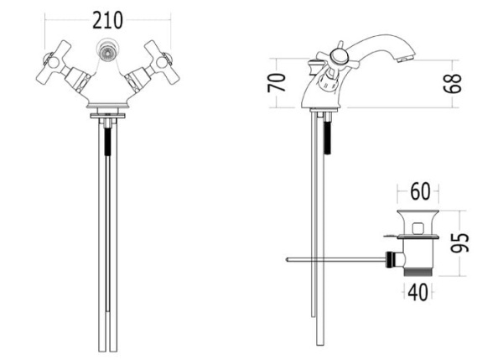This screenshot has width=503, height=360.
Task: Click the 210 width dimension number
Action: (107, 20)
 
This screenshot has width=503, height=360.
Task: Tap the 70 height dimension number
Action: (277, 82)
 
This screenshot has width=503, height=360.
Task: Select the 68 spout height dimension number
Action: (453, 84)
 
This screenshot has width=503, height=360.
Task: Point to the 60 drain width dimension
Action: (420, 191)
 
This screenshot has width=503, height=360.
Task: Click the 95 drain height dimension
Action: (459, 243)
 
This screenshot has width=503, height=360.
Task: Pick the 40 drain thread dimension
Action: (418, 293)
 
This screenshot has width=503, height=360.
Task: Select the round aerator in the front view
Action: (108, 51)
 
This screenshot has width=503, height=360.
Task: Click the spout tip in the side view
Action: (405, 59)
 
